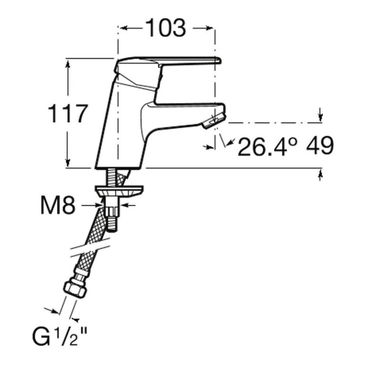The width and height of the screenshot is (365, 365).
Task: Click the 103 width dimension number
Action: (166, 28)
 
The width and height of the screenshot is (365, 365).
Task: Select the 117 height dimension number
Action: (68, 114)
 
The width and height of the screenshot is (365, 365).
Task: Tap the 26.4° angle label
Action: (268, 146)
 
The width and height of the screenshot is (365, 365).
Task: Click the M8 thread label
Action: (58, 205)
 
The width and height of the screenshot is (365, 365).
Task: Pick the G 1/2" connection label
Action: (59, 336)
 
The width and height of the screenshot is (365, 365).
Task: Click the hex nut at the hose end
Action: (75, 289)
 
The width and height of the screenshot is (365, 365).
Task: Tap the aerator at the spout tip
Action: (214, 121)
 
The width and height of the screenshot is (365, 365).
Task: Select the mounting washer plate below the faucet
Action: (119, 191)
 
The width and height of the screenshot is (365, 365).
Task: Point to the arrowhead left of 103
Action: (124, 28)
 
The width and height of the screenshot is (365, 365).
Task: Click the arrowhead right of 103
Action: (209, 28)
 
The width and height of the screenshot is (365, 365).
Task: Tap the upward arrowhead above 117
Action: (68, 64)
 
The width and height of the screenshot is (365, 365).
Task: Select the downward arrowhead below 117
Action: (68, 163)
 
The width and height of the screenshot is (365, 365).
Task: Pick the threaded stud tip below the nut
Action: (113, 224)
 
